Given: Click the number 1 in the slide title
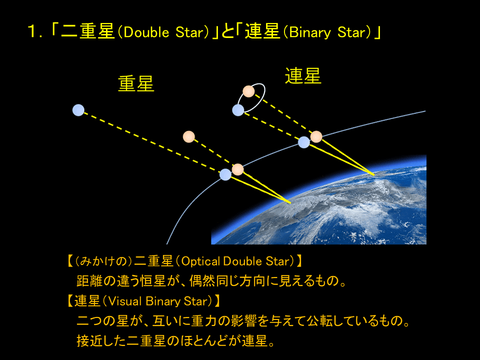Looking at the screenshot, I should tap(33, 33).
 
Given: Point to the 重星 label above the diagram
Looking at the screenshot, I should tap(136, 83).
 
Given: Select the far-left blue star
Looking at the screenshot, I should tap(78, 110).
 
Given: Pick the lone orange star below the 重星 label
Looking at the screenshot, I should tap(188, 136).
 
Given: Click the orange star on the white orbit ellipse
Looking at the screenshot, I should tap(248, 91).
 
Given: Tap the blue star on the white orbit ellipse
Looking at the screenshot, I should tap(238, 110).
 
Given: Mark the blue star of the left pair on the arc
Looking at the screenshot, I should tap(225, 174).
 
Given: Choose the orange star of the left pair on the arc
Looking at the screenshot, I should tap(238, 169).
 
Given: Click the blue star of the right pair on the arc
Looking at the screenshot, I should tap(304, 142).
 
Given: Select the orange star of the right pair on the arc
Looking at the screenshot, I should tap(316, 136).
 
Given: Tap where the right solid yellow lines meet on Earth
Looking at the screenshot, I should tap(374, 174).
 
